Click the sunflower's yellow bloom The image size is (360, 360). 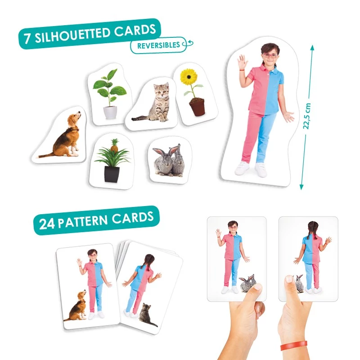pyautogui.click(x=189, y=76)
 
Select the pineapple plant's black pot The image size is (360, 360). pyautogui.click(x=112, y=174)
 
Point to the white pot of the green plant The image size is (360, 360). pyautogui.click(x=110, y=112)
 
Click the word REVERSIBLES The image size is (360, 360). pyautogui.click(x=158, y=45)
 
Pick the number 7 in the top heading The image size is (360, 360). pyautogui.click(x=27, y=38)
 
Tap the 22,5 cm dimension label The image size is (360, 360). pyautogui.click(x=307, y=116)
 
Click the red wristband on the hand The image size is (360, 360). pyautogui.click(x=294, y=346)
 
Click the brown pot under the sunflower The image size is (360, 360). pyautogui.click(x=197, y=107)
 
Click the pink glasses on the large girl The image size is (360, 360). pyautogui.click(x=270, y=55)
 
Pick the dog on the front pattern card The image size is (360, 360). pyautogui.click(x=76, y=306)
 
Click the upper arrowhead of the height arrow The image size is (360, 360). pyautogui.click(x=312, y=48)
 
